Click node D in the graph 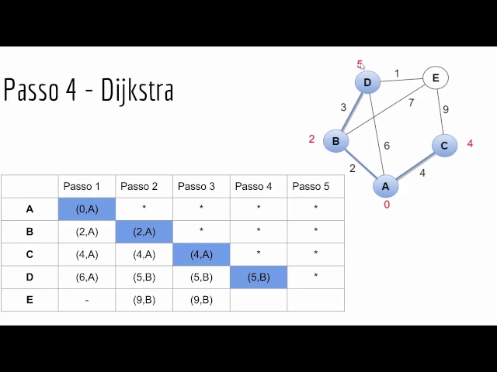[367, 82]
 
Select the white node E [436, 77]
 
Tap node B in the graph [335, 141]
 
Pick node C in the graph [444, 145]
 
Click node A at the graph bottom [385, 186]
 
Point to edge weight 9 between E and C [445, 109]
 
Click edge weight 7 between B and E [411, 102]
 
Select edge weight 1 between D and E [397, 74]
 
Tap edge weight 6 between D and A [386, 145]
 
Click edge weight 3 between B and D [343, 107]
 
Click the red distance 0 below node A [387, 205]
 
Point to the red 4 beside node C [470, 143]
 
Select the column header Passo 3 [196, 186]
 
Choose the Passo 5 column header [311, 186]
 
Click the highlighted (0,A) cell [87, 208]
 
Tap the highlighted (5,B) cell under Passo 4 [259, 277]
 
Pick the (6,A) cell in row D [87, 277]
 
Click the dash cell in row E [87, 299]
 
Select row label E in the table [30, 299]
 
